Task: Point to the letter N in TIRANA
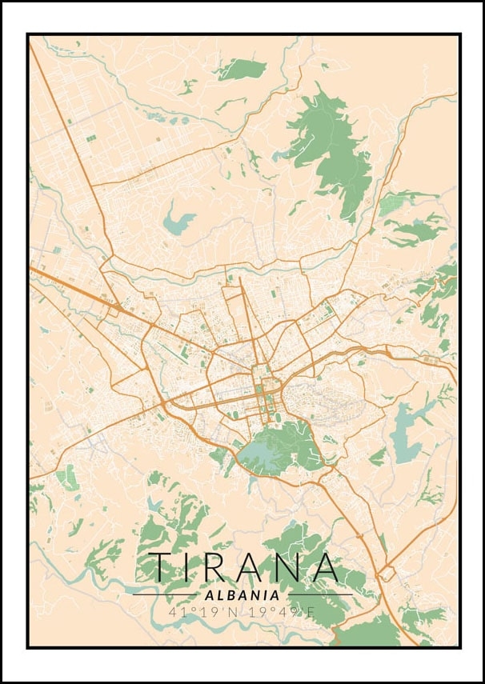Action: pos(289,566)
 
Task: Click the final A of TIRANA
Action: pos(326,566)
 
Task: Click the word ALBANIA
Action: pos(242,595)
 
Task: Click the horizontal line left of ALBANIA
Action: pos(165,595)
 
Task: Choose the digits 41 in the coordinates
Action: pos(175,612)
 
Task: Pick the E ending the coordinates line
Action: pos(313,612)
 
